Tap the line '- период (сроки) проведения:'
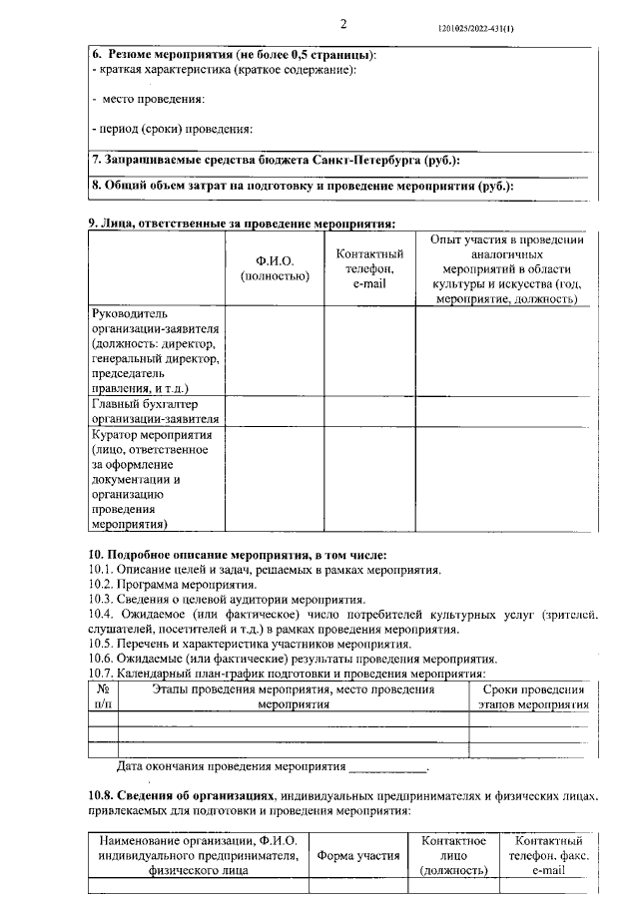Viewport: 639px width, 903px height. pos(171,129)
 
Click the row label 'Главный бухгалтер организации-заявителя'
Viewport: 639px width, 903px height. pos(156,411)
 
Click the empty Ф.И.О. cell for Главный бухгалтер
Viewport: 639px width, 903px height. pos(275,411)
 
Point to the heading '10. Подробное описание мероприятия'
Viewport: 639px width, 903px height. pos(238,554)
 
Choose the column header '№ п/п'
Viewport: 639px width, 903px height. pos(103,695)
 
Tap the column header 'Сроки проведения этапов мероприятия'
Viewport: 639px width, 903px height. pos(531,695)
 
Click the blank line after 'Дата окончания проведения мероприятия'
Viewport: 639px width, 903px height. pos(386,767)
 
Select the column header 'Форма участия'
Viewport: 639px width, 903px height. pos(358,855)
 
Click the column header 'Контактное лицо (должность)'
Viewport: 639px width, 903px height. pos(454,855)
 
